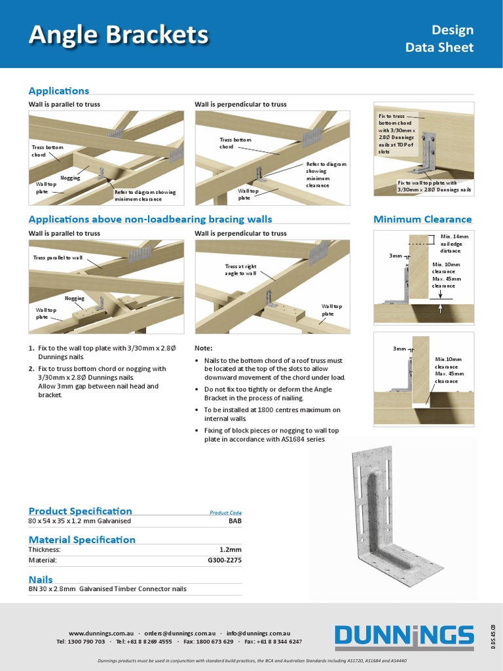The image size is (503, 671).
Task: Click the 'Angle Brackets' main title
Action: click(x=119, y=35)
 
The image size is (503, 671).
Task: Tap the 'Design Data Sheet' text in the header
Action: click(x=439, y=39)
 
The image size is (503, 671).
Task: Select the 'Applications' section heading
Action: click(x=59, y=90)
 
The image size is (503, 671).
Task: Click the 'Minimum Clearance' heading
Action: click(x=422, y=219)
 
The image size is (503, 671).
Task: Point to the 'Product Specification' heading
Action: click(x=80, y=510)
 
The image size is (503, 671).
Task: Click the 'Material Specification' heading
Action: click(x=82, y=539)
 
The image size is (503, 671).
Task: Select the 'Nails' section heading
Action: click(x=41, y=579)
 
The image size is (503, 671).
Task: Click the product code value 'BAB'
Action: click(x=234, y=521)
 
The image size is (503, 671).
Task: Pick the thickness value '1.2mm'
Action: click(x=230, y=550)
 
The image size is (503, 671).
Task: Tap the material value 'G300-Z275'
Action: click(x=225, y=561)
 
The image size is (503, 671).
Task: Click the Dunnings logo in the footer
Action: click(x=404, y=636)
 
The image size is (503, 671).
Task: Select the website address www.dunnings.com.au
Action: click(x=101, y=634)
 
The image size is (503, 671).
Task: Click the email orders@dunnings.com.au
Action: click(x=179, y=634)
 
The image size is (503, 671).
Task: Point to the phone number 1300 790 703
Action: click(x=85, y=642)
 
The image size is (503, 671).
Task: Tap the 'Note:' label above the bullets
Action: click(x=204, y=349)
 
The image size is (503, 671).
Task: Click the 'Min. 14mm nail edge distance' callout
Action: click(x=451, y=243)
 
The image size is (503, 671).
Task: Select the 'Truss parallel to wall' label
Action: click(x=58, y=258)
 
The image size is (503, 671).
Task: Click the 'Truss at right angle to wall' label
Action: click(x=240, y=269)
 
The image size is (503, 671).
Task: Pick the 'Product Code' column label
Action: click(x=225, y=512)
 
